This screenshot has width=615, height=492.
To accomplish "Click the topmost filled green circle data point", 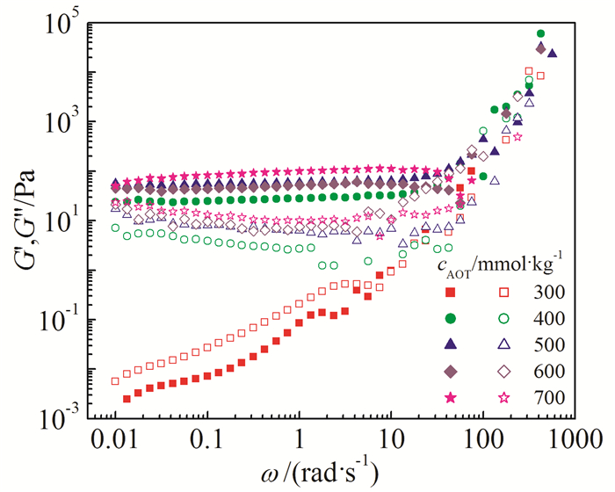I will (x=540, y=34).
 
